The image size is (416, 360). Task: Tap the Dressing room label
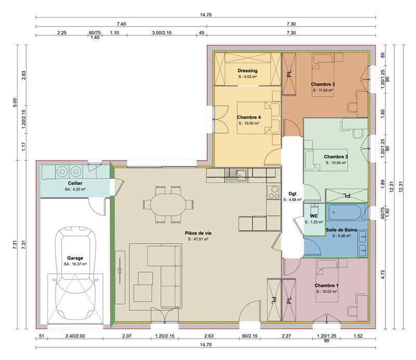[248, 71]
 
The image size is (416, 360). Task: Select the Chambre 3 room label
[322, 84]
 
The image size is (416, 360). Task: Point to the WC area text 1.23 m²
[314, 222]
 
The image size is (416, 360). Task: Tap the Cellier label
[75, 184]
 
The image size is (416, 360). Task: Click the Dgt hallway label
[292, 193]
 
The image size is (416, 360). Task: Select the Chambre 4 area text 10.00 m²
[249, 124]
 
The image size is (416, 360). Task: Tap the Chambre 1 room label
[327, 286]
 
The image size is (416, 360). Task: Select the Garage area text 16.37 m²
[76, 264]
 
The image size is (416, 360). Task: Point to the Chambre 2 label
[335, 156]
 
